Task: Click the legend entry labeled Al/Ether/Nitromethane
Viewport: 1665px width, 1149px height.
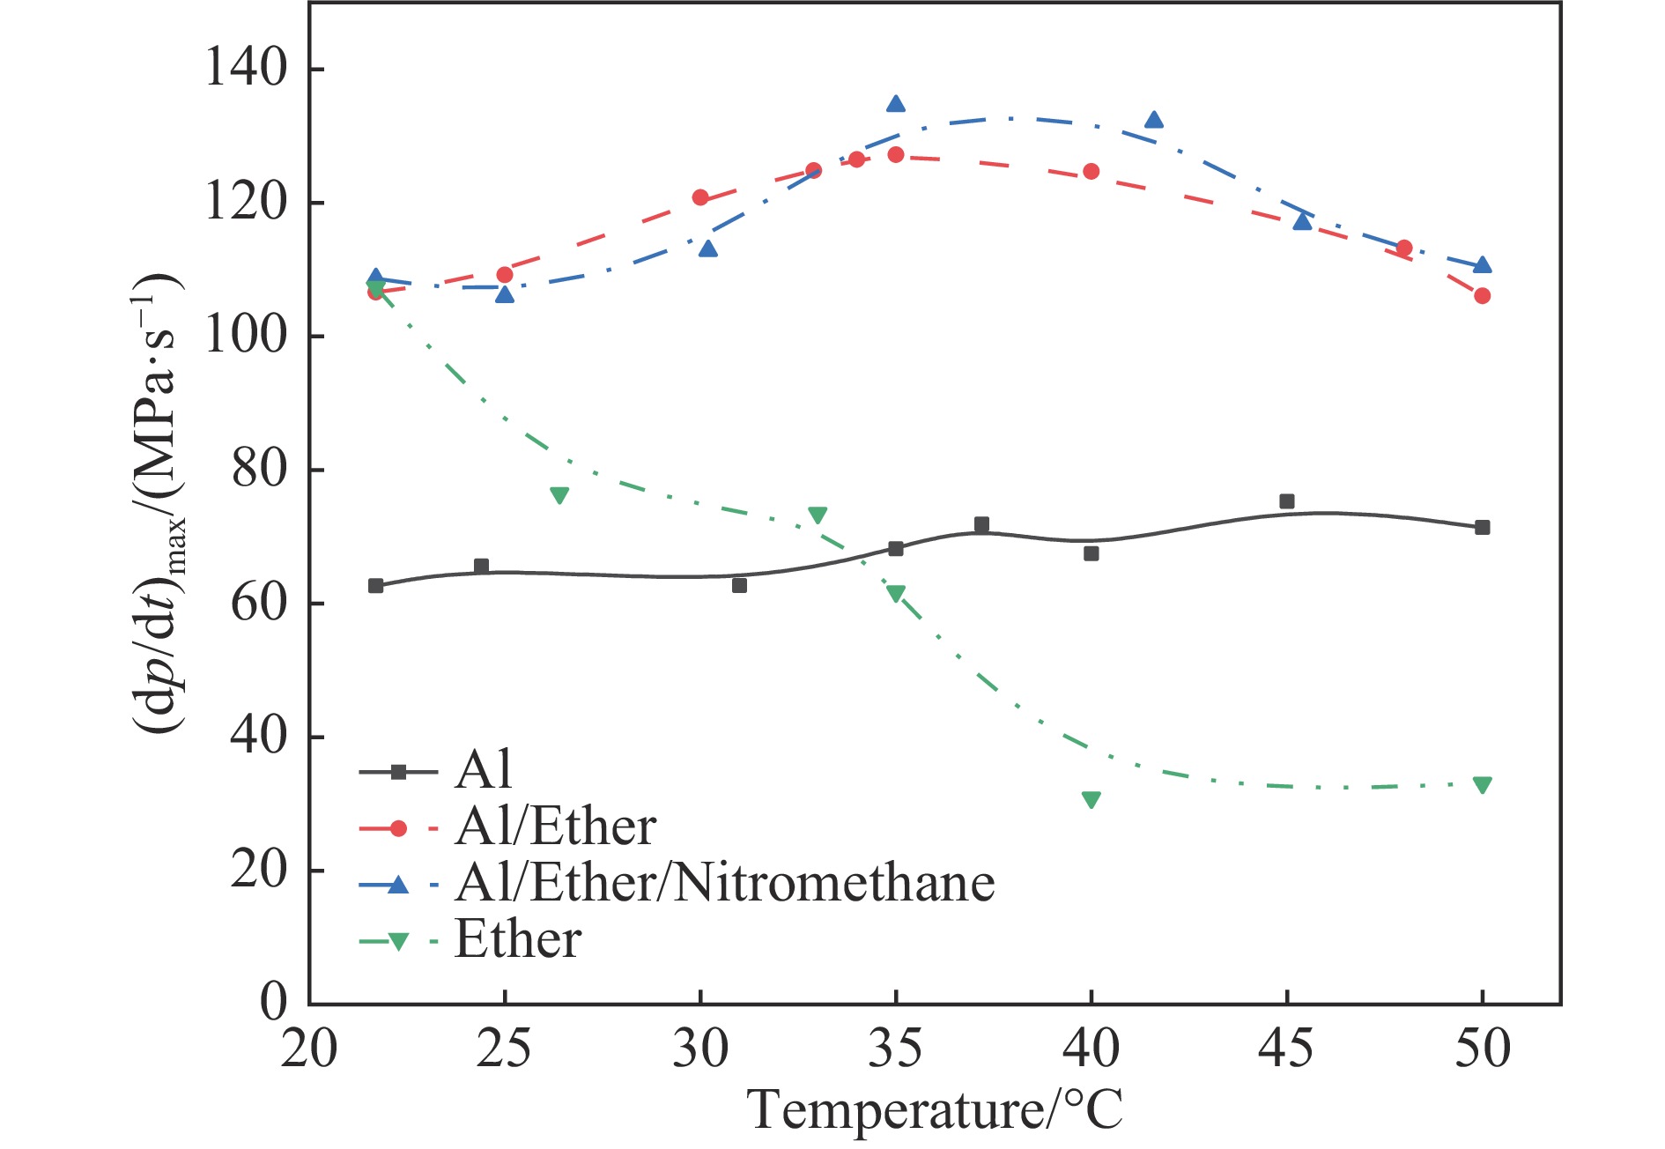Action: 724,883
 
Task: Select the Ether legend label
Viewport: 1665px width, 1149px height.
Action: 518,939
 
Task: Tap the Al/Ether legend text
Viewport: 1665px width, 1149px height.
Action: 555,827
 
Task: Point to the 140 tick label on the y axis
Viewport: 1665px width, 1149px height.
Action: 246,68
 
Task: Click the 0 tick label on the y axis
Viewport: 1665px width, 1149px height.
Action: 273,1002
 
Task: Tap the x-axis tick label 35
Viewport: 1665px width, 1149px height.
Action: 895,1049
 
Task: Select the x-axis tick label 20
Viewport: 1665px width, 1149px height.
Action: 309,1049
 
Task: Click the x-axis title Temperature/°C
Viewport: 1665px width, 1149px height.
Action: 935,1109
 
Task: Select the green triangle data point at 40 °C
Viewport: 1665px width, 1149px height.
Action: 1091,800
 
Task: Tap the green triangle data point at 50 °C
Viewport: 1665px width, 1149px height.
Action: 1483,785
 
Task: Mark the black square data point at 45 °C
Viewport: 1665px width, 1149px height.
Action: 1287,501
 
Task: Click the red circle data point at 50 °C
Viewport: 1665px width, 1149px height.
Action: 1483,296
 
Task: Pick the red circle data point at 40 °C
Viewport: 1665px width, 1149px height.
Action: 1091,171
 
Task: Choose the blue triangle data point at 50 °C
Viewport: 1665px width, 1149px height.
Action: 1483,265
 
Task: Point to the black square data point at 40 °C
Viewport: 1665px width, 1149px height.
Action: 1091,553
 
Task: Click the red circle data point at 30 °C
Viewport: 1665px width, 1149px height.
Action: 700,197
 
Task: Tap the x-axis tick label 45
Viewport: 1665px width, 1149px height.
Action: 1286,1049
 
